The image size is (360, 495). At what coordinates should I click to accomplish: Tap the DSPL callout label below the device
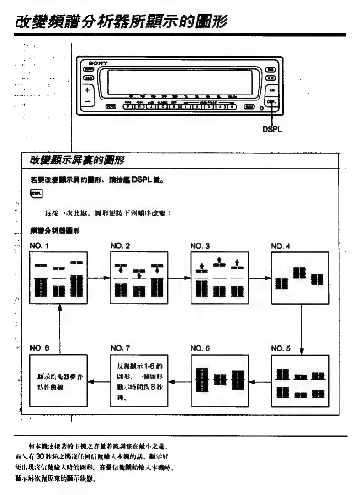tap(272, 129)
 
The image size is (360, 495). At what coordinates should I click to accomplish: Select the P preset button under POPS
tap(128, 107)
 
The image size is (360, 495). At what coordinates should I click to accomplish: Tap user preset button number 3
tap(209, 107)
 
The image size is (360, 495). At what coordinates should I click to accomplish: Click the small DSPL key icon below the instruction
tap(37, 194)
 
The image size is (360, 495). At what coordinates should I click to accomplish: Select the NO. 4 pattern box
tap(300, 278)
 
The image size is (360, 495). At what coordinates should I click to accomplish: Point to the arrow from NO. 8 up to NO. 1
tap(60, 329)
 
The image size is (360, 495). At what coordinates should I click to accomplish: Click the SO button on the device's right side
tap(271, 90)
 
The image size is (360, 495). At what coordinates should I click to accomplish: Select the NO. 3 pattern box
tap(220, 278)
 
